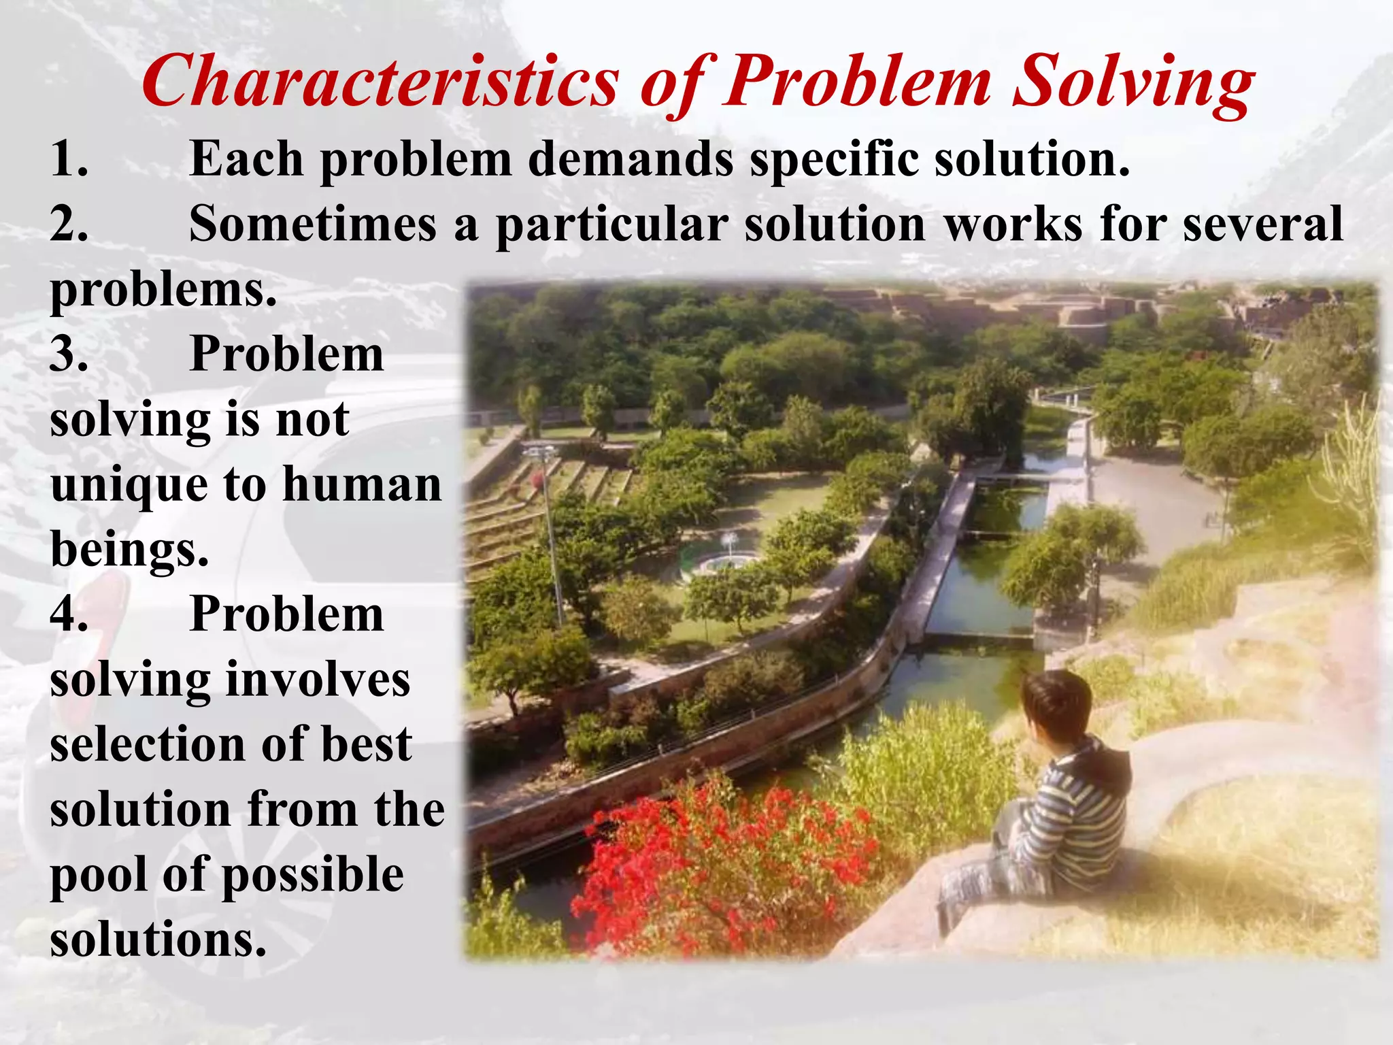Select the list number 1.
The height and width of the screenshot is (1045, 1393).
[69, 159]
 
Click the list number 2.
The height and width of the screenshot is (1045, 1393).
[69, 225]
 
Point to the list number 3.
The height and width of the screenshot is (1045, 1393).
[69, 354]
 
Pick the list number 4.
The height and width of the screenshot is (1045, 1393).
[69, 614]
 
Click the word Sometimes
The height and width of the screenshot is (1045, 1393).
[313, 225]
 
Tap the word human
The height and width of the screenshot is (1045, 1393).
[362, 484]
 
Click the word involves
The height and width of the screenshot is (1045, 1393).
[318, 680]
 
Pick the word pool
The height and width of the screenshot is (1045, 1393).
[98, 876]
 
